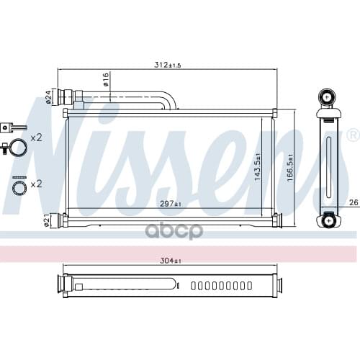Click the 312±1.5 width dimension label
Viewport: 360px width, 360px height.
coord(167,65)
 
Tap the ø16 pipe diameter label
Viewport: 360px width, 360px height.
coord(106,78)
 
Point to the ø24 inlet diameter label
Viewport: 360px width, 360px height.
coord(48,96)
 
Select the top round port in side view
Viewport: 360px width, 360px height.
coord(328,96)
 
